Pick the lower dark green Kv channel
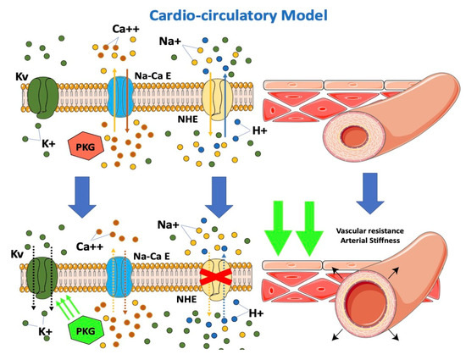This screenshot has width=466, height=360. click(x=42, y=275)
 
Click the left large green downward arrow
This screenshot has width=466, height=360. click(x=282, y=224)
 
